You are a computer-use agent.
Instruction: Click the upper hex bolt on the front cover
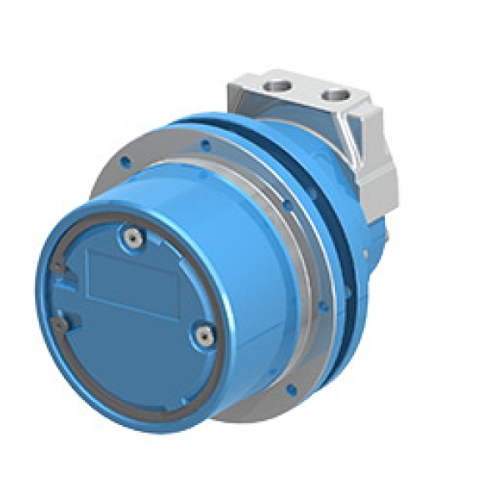coord(130,237)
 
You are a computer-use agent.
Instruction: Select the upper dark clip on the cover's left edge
coord(57,266)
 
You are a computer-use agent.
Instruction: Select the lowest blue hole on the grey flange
coord(292,387)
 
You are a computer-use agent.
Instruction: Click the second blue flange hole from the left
coord(203,143)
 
